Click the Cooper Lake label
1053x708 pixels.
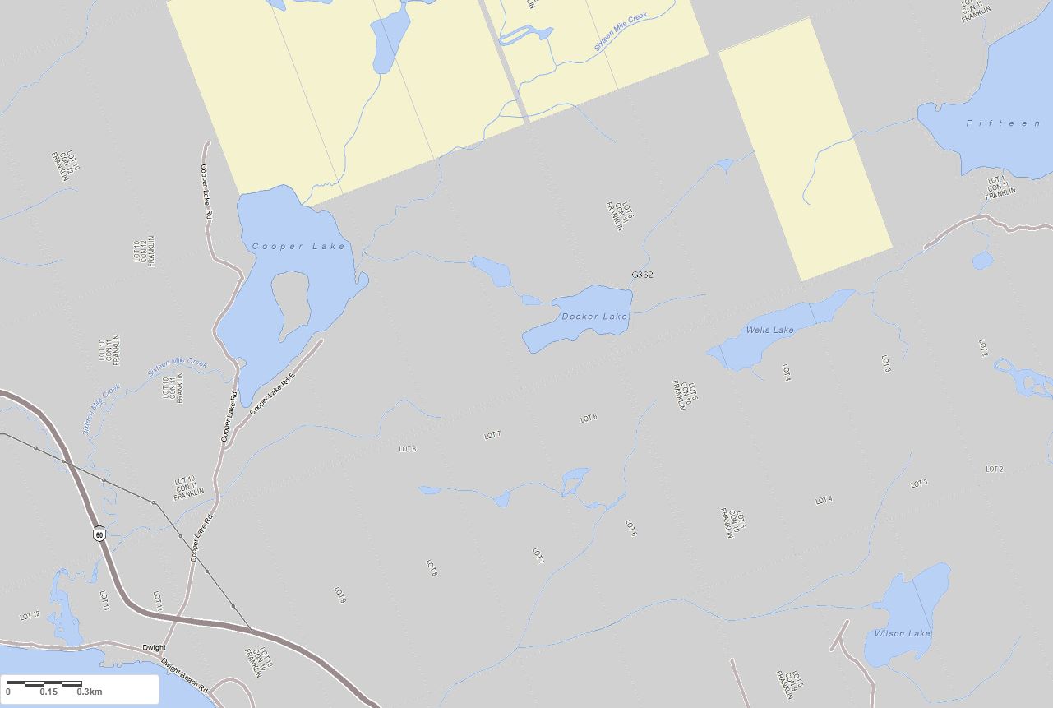pos(298,246)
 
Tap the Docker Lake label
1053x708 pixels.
pos(594,317)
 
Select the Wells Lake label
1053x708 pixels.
pos(769,331)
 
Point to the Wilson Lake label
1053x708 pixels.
pos(902,633)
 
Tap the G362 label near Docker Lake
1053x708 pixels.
pos(642,275)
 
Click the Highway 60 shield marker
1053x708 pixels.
pos(99,534)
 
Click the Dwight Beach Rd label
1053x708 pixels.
pos(184,678)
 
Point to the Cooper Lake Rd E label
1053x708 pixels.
pos(271,394)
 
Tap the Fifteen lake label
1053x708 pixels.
pos(1003,123)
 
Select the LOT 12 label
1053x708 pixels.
pos(30,615)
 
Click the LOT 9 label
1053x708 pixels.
pos(339,595)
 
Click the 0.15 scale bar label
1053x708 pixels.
pos(48,692)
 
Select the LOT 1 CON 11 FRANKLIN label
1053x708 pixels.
pos(1000,188)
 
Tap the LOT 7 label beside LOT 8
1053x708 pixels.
pos(492,435)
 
